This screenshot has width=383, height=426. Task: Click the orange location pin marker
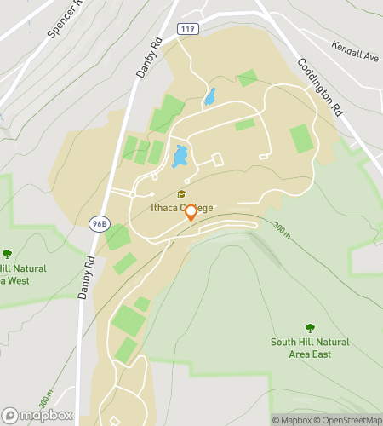[191, 212]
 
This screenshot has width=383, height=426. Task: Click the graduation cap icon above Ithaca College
[180, 194]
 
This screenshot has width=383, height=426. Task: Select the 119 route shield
[189, 29]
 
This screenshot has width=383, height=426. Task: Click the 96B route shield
[99, 223]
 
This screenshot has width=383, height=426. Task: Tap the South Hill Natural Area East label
[309, 348]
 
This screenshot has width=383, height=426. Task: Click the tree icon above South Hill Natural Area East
[310, 327]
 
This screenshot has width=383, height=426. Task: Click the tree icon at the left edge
[8, 253]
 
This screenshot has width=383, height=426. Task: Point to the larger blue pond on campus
[180, 156]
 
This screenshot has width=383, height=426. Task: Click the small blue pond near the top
[210, 96]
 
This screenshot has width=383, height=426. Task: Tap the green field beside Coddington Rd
[300, 137]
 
